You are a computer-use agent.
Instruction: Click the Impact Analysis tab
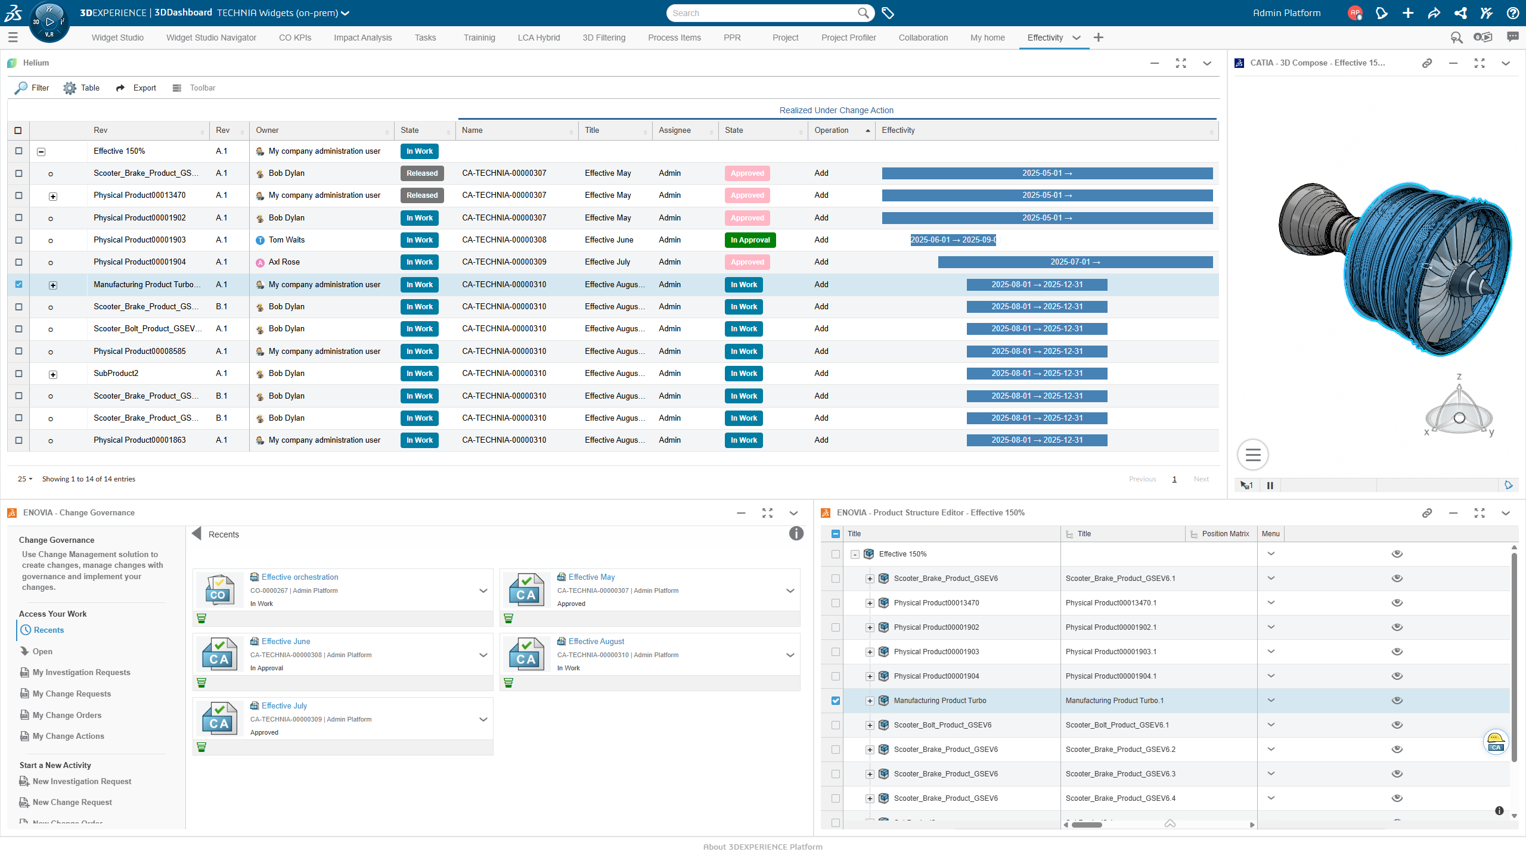(362, 38)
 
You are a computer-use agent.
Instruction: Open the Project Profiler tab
(848, 38)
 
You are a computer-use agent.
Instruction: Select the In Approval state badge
(750, 240)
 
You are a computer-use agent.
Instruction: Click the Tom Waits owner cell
(286, 240)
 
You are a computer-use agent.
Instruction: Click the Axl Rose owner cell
(284, 262)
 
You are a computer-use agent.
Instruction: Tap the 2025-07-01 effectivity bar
(1075, 262)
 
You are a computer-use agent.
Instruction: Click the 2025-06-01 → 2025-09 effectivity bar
(953, 240)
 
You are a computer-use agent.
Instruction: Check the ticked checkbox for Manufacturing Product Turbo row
(18, 284)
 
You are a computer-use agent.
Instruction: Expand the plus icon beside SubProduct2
(53, 374)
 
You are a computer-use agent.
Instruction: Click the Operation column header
(832, 130)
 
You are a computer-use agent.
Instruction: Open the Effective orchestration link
(299, 577)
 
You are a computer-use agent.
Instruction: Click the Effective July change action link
(284, 705)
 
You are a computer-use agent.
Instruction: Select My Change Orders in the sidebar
(67, 715)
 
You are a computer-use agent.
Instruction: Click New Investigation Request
(82, 781)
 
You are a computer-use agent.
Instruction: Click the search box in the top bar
(763, 13)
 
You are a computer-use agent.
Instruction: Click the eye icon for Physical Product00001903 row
(1397, 652)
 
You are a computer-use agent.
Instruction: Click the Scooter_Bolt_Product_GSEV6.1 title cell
(1116, 725)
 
